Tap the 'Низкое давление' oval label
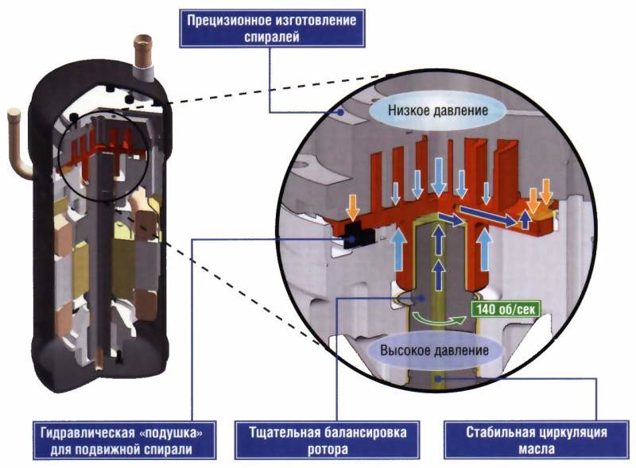click(x=437, y=110)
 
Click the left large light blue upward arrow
click(x=400, y=250)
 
